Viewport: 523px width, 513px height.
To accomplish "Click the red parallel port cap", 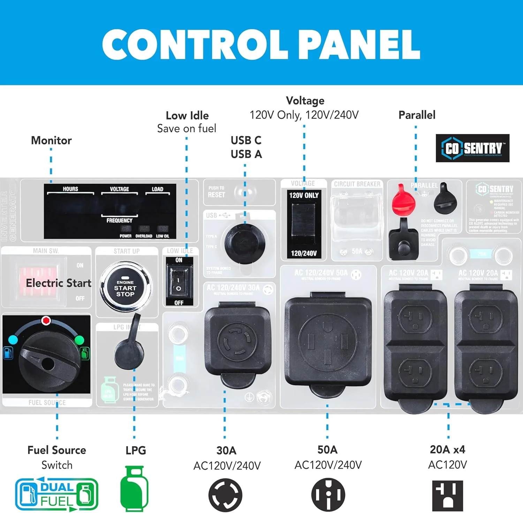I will coord(403,201).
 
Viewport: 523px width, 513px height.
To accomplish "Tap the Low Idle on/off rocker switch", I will coord(179,281).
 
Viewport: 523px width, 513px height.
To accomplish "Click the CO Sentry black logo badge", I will coord(472,148).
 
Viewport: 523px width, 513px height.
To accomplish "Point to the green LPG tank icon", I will coord(134,488).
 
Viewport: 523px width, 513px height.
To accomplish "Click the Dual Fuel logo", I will coord(56,494).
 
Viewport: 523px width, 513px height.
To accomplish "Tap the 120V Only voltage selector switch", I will coord(304,223).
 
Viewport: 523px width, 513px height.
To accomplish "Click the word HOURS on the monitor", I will coord(70,189).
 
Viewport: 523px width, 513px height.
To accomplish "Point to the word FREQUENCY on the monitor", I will coord(119,220).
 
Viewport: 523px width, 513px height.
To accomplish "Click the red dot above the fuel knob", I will coord(46,321).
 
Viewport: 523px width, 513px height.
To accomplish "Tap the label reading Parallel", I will coord(417,115).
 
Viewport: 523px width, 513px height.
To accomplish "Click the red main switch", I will coord(37,281).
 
